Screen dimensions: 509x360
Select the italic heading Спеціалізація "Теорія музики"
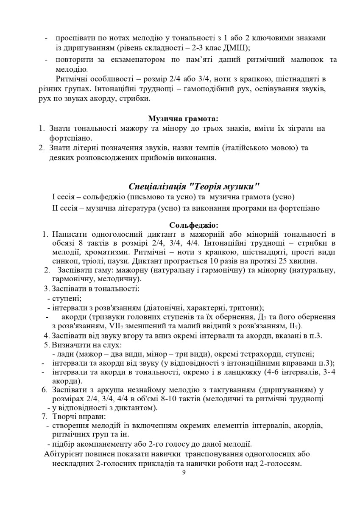point(193,187)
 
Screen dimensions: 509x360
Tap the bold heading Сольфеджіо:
point(193,225)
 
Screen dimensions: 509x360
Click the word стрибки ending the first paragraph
point(138,98)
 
